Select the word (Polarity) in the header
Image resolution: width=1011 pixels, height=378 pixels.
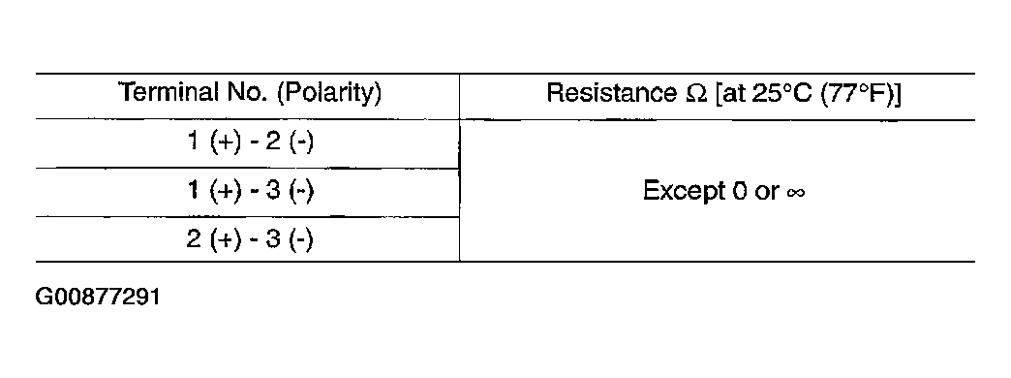[x=329, y=94]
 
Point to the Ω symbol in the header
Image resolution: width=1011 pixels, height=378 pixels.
[x=695, y=94]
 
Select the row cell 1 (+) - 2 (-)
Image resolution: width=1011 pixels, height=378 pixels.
[x=250, y=142]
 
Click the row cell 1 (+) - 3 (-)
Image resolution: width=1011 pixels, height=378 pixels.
[x=250, y=191]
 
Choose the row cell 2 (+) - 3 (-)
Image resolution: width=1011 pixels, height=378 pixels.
[x=250, y=239]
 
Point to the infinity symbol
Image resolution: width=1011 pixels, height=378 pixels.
[x=796, y=193]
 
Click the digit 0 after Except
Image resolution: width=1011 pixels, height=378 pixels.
[x=740, y=191]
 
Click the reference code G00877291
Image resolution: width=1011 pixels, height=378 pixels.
[x=98, y=298]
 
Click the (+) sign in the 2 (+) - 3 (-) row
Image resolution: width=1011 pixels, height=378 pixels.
[x=227, y=240]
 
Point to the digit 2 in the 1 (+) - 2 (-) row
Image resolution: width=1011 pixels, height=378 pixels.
[x=273, y=142]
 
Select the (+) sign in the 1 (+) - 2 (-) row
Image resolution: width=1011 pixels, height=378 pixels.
[x=227, y=142]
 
